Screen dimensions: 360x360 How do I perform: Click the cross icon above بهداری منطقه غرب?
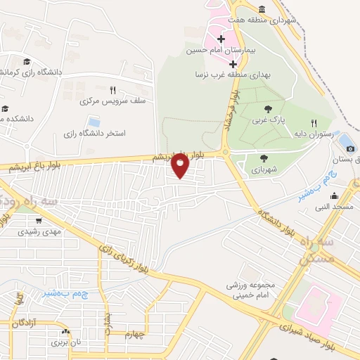point(233,63)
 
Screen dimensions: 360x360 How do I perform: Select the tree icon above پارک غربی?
point(268,109)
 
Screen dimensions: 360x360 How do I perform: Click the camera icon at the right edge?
point(351,148)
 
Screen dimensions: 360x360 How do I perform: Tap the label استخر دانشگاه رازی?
point(94,133)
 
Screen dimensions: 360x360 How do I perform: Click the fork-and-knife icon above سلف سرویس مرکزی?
point(112,90)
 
